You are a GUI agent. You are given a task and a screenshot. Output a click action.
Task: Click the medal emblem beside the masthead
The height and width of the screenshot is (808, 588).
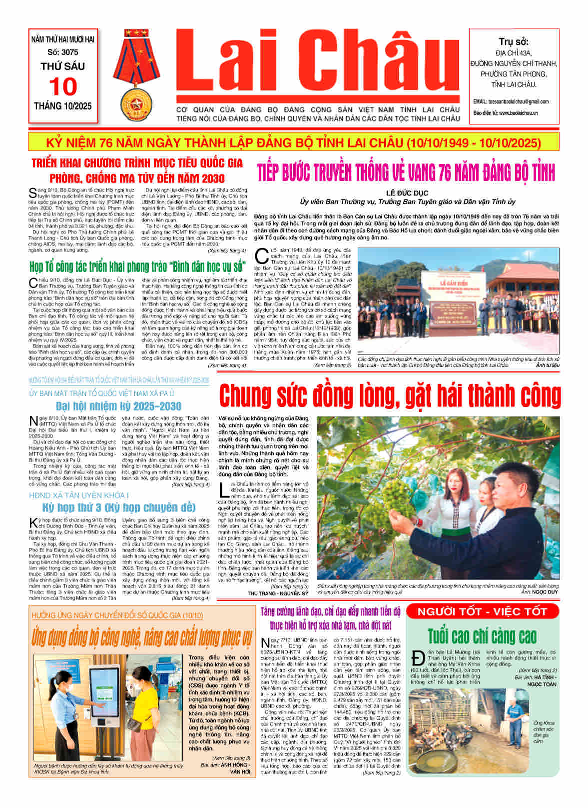(x=137, y=74)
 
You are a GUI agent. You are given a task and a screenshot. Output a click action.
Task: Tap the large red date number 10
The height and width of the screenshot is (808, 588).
(x=63, y=86)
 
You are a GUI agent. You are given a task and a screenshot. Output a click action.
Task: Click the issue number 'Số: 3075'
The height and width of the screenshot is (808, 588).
(x=63, y=52)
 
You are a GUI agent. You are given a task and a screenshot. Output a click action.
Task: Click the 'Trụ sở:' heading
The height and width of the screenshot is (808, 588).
(x=514, y=42)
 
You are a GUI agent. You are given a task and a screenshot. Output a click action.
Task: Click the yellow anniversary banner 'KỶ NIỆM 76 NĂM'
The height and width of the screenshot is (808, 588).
(x=294, y=143)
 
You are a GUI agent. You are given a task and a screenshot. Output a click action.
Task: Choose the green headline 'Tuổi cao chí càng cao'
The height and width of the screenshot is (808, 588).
(x=482, y=636)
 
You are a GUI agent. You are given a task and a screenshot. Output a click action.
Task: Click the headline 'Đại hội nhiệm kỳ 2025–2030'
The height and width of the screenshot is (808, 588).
(x=118, y=405)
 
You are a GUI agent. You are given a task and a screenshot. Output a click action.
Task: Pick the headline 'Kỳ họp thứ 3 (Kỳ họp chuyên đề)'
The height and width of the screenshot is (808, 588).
(x=118, y=507)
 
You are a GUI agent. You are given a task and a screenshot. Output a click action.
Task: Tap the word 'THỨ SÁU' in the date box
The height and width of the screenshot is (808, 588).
(x=63, y=66)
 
